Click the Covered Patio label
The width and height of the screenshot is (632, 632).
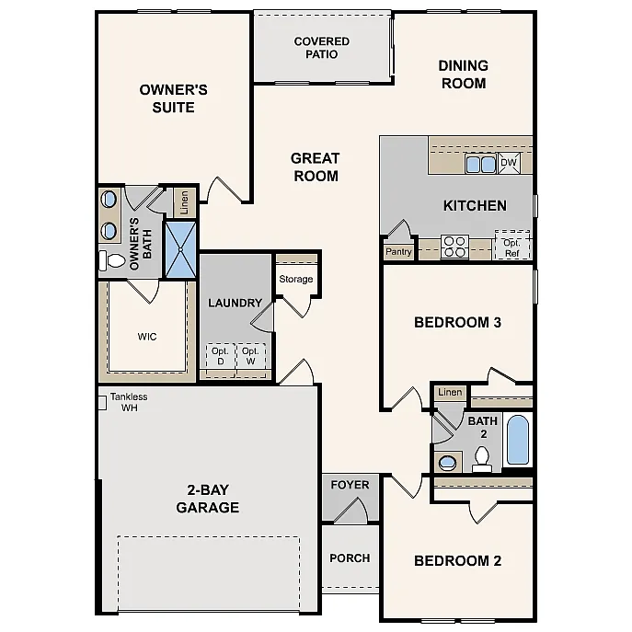click(x=321, y=48)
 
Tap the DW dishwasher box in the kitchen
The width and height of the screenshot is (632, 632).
click(x=509, y=164)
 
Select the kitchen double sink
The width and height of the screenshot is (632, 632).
click(x=480, y=165)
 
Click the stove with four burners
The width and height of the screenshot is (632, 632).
click(x=454, y=247)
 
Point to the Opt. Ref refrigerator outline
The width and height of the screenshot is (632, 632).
click(x=512, y=247)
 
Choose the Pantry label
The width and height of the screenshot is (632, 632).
click(x=398, y=251)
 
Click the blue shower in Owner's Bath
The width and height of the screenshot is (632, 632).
click(x=180, y=248)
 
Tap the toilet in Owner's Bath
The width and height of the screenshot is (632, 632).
click(x=113, y=261)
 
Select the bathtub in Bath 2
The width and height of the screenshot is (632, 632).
click(x=518, y=441)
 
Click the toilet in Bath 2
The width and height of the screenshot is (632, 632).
click(x=482, y=457)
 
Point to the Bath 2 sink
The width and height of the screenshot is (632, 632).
click(x=448, y=461)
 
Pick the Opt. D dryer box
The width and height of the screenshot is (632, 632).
click(x=220, y=356)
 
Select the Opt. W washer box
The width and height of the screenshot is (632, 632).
click(x=250, y=356)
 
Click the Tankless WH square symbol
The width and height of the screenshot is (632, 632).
click(x=102, y=401)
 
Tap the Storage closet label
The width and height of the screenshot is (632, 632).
click(x=296, y=279)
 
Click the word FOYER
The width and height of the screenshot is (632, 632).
click(x=350, y=485)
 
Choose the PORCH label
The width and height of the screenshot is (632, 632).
click(x=350, y=557)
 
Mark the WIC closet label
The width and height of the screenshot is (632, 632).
click(x=147, y=337)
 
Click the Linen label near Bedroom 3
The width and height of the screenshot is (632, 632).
click(x=450, y=393)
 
